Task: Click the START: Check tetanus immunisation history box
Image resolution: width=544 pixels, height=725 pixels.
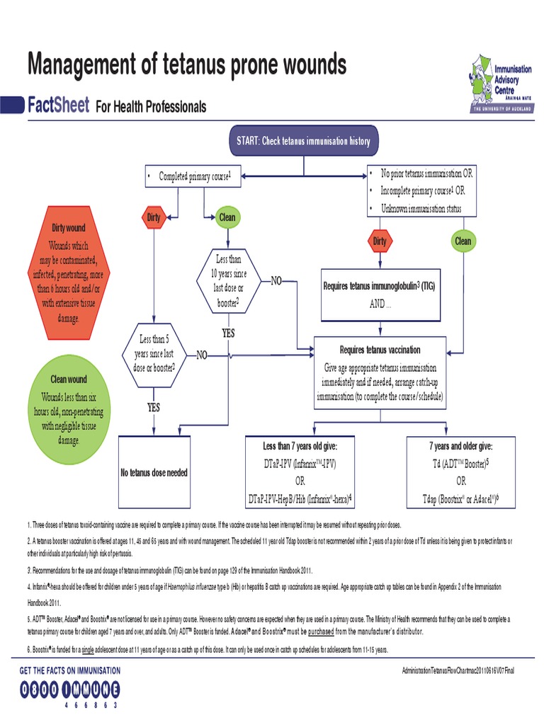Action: [x=303, y=142]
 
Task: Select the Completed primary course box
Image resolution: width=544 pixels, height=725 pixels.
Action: [x=191, y=176]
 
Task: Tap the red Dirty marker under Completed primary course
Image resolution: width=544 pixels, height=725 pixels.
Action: [x=154, y=217]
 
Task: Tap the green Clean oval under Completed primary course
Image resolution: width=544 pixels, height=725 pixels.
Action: [x=227, y=217]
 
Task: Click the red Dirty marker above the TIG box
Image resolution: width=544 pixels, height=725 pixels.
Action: [x=380, y=241]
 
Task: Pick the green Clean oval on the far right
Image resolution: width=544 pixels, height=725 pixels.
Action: [x=463, y=241]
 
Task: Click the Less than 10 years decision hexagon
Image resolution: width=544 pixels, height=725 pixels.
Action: [x=227, y=282]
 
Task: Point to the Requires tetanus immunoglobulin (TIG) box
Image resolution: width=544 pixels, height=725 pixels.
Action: [x=380, y=293]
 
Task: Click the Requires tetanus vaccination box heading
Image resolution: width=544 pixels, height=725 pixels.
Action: [x=380, y=350]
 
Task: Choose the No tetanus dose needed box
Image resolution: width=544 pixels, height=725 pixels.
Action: [x=154, y=472]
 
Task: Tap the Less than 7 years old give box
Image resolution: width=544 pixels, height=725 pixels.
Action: [x=300, y=472]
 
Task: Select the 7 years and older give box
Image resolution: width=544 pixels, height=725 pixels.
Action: [x=461, y=472]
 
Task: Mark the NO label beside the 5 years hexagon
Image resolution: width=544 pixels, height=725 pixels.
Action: [x=202, y=354]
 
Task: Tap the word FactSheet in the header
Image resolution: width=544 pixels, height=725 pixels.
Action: [x=58, y=106]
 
